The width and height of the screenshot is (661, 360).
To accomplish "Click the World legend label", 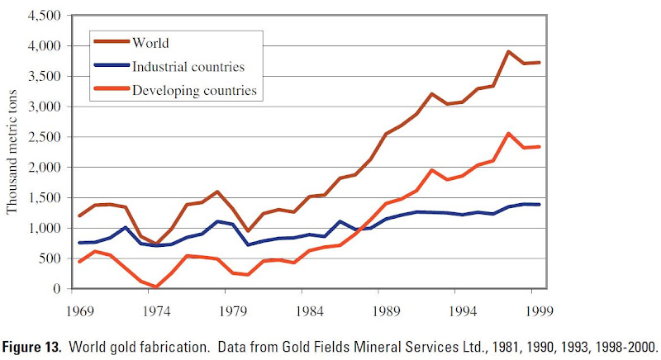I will click(x=150, y=40).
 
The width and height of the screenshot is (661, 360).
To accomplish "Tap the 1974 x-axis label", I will click(x=157, y=313).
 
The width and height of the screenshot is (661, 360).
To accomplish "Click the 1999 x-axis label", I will click(x=540, y=313).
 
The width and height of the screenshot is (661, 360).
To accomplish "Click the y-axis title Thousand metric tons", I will click(x=12, y=153).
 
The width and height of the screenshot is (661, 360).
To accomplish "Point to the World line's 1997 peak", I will click(x=509, y=51).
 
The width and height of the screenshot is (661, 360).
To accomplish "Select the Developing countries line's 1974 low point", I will click(x=157, y=287).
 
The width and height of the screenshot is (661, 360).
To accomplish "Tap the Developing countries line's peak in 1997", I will click(x=509, y=133).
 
